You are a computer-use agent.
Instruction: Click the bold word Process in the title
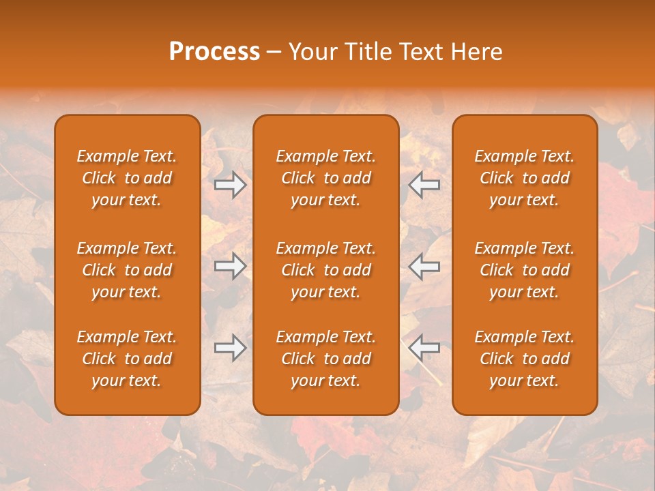[214, 52]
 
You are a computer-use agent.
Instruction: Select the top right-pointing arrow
[231, 185]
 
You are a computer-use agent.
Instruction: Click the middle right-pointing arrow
[231, 266]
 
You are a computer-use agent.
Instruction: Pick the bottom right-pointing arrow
[231, 348]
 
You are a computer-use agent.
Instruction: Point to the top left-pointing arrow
[424, 185]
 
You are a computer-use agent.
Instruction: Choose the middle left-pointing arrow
[424, 266]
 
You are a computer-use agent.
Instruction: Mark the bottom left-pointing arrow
[424, 348]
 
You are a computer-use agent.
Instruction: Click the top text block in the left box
[127, 178]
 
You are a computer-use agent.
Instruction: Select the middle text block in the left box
[127, 270]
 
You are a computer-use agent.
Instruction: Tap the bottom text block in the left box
[127, 359]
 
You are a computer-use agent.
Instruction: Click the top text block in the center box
[326, 178]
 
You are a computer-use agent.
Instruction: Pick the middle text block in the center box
[326, 270]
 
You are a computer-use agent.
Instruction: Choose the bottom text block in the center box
[326, 359]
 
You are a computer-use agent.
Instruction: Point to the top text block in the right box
[525, 178]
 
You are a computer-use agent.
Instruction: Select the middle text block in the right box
[525, 270]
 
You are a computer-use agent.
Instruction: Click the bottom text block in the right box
[525, 359]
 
